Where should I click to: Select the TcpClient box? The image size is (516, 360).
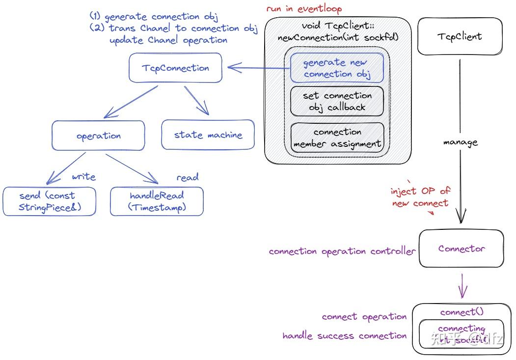(459, 37)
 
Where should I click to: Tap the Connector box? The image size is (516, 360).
(461, 249)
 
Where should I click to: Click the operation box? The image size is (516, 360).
(98, 136)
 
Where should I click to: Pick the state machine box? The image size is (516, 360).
(208, 134)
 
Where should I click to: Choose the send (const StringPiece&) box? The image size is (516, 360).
(50, 201)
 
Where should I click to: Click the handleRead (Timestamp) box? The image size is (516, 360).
(156, 201)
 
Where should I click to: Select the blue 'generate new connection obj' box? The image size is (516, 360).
(337, 68)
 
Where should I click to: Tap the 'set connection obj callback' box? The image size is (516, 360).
(337, 101)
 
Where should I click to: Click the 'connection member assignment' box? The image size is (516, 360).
(337, 138)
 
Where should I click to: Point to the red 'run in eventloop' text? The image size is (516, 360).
(304, 9)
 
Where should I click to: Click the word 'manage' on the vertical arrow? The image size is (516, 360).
(460, 142)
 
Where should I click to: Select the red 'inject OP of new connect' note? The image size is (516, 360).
(420, 197)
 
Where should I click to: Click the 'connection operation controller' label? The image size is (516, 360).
(342, 251)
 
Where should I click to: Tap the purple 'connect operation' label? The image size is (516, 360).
(364, 317)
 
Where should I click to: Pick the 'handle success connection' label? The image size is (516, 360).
(344, 336)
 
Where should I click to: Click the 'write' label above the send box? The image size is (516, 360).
(83, 176)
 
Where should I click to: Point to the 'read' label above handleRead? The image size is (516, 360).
(188, 177)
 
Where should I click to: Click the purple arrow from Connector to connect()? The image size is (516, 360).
(462, 287)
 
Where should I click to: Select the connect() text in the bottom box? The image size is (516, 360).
(461, 312)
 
